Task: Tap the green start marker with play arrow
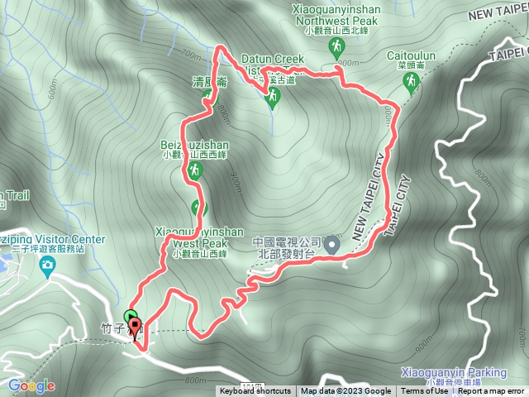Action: point(130,317)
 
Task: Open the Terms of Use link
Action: point(424,391)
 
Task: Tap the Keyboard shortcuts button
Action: point(255,391)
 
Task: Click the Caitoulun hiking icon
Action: point(411,81)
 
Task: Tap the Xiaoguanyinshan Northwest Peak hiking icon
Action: point(337,48)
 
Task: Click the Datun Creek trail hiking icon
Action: point(272,97)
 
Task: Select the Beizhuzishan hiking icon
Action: point(195,170)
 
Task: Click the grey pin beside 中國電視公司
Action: point(331,245)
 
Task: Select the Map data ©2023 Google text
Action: point(346,391)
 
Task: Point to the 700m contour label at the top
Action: point(191,55)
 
